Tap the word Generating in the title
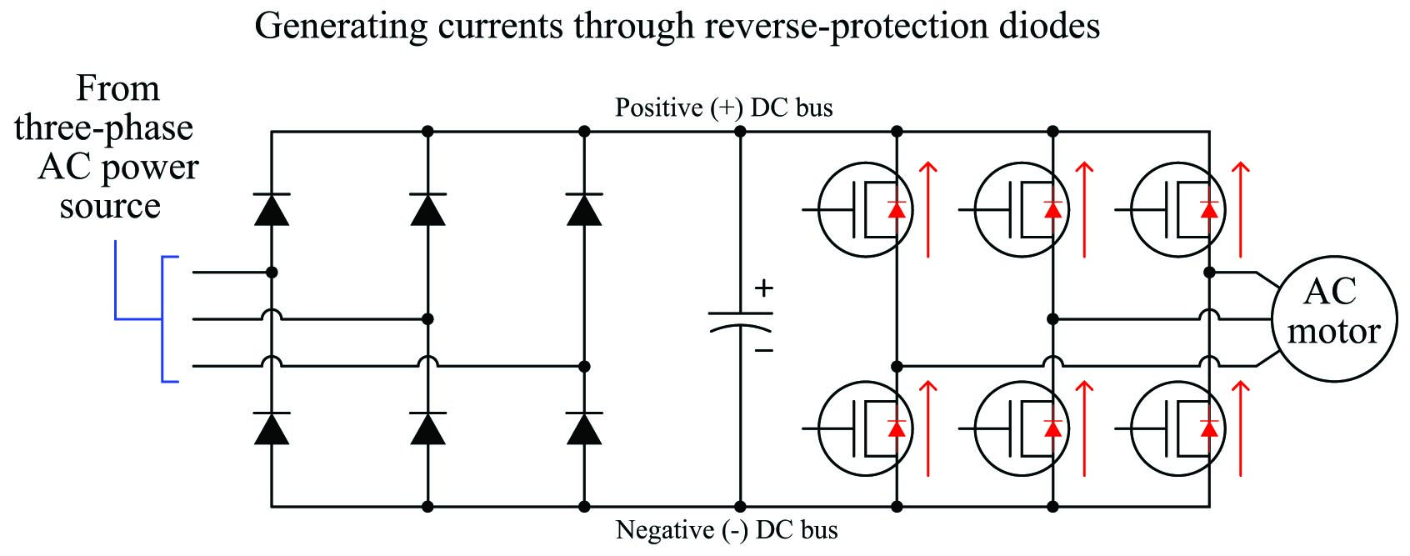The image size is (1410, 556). (x=341, y=28)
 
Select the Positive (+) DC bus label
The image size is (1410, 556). (x=724, y=108)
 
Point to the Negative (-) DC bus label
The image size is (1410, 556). (x=727, y=530)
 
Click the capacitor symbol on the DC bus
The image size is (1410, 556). (x=740, y=321)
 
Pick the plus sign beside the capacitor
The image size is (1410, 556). (x=763, y=288)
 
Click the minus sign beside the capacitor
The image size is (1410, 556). (x=763, y=350)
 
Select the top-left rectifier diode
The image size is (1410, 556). (x=272, y=210)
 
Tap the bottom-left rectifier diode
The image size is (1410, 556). (x=272, y=428)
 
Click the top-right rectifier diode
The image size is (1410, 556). (x=584, y=210)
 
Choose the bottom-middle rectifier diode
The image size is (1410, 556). (x=428, y=428)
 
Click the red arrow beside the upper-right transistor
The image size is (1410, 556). (x=1240, y=210)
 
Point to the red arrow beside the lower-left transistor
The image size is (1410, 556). (x=927, y=428)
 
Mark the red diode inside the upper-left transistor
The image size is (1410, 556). (x=897, y=210)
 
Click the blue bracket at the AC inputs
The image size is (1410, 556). (x=162, y=319)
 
